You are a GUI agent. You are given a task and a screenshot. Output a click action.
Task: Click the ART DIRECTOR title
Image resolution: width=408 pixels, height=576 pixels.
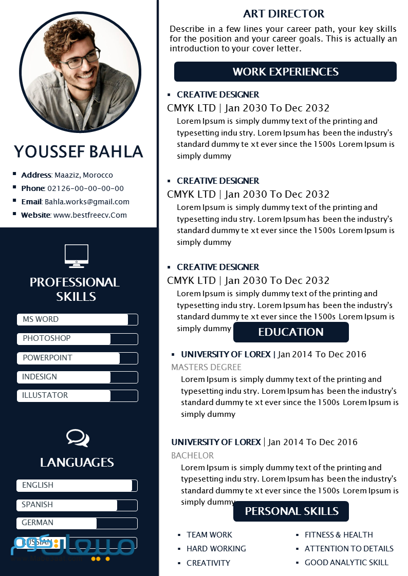point(284,14)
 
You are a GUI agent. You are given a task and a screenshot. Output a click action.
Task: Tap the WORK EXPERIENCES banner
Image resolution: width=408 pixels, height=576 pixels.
point(285,72)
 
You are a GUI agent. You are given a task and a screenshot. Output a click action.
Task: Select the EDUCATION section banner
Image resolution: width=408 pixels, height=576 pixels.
point(291,332)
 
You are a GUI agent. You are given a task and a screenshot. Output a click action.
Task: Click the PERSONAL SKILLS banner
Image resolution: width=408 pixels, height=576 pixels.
point(291,511)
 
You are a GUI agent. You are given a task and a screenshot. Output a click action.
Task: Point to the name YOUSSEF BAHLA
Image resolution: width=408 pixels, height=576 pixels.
point(78,151)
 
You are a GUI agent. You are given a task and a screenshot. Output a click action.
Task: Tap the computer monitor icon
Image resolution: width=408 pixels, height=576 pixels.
point(77,256)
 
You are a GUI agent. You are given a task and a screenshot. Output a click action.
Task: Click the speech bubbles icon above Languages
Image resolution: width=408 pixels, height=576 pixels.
point(78,438)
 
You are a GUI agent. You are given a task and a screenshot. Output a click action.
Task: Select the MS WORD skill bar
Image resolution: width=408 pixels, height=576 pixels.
point(77,319)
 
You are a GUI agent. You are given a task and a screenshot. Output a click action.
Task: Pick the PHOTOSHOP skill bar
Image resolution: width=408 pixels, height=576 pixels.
point(77,339)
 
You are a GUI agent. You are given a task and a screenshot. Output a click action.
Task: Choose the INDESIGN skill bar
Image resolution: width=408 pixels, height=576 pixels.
point(77,377)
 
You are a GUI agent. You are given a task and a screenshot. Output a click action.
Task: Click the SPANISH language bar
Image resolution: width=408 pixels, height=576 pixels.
point(77,505)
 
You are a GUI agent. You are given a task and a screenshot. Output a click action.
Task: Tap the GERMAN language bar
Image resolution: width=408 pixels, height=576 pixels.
point(77,523)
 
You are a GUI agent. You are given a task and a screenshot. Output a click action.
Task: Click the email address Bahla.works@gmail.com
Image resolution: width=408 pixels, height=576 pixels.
point(87,202)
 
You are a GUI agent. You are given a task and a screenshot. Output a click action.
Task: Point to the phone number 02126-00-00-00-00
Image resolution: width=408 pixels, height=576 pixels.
point(85,188)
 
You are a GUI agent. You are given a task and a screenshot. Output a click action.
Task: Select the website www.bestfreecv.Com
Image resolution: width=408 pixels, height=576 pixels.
point(90,215)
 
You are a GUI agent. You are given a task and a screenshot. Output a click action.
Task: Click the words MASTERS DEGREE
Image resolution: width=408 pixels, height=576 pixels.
point(206,367)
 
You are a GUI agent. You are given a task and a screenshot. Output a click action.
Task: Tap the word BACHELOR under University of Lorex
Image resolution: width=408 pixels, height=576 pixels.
point(192,455)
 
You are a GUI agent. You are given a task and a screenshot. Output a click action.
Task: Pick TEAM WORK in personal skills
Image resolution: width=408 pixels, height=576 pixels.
point(209,534)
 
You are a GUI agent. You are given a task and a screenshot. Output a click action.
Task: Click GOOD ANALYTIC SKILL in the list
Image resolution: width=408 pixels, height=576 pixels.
point(346,562)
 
